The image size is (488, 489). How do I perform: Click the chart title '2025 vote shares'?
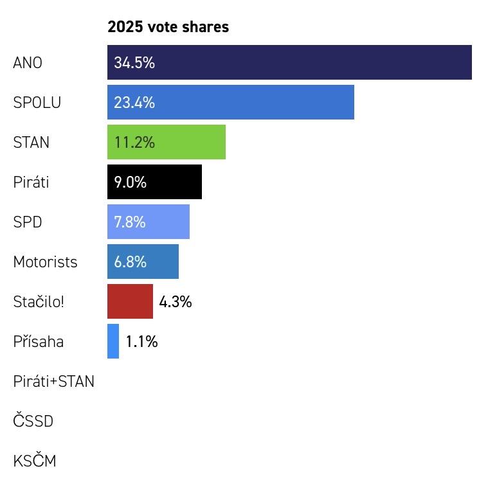click(168, 27)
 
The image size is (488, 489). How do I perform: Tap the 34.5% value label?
click(134, 63)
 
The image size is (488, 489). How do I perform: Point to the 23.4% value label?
click(134, 103)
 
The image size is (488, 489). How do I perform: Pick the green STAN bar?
click(186, 142)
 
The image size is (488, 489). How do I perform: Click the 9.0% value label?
click(131, 182)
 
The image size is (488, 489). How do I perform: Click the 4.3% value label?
click(176, 302)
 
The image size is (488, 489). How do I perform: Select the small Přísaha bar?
click(113, 341)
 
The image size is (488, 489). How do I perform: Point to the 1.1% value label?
click(141, 342)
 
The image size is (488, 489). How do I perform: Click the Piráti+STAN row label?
click(53, 382)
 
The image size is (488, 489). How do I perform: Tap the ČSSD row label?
click(33, 422)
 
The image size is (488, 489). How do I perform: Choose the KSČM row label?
click(35, 461)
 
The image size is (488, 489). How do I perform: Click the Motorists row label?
click(45, 262)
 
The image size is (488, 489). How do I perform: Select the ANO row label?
click(28, 63)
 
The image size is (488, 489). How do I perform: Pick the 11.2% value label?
click(134, 143)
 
